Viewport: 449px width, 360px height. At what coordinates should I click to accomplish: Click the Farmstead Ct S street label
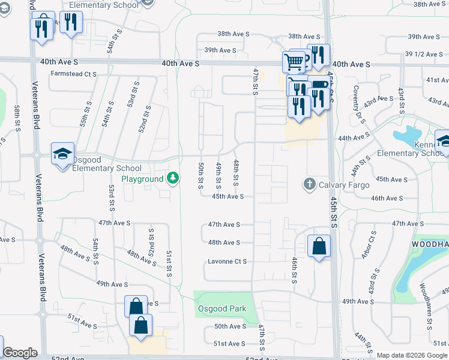(x=74, y=74)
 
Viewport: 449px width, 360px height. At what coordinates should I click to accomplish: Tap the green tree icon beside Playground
(x=173, y=178)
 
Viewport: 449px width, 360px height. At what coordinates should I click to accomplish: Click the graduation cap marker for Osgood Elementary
(x=62, y=154)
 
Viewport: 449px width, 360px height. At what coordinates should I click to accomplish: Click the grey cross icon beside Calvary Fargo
(x=310, y=184)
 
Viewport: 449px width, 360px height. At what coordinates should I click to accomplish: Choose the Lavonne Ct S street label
(x=228, y=262)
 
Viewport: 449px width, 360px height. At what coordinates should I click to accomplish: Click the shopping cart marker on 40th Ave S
(x=294, y=61)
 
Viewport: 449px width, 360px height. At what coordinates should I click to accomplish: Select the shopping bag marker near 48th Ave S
(x=319, y=245)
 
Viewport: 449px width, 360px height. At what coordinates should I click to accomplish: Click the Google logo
(x=20, y=353)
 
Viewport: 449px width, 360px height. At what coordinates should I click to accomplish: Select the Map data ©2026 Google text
(x=412, y=355)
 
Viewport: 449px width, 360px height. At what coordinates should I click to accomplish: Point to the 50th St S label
(x=201, y=174)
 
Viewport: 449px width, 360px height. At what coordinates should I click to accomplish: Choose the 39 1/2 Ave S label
(x=424, y=54)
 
